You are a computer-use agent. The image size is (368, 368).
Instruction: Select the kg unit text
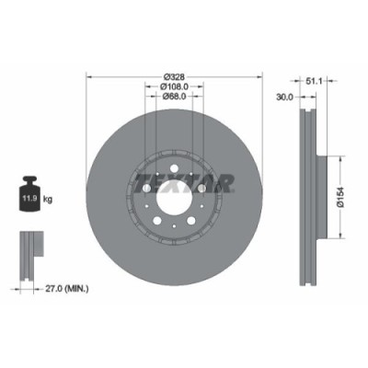(48, 197)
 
